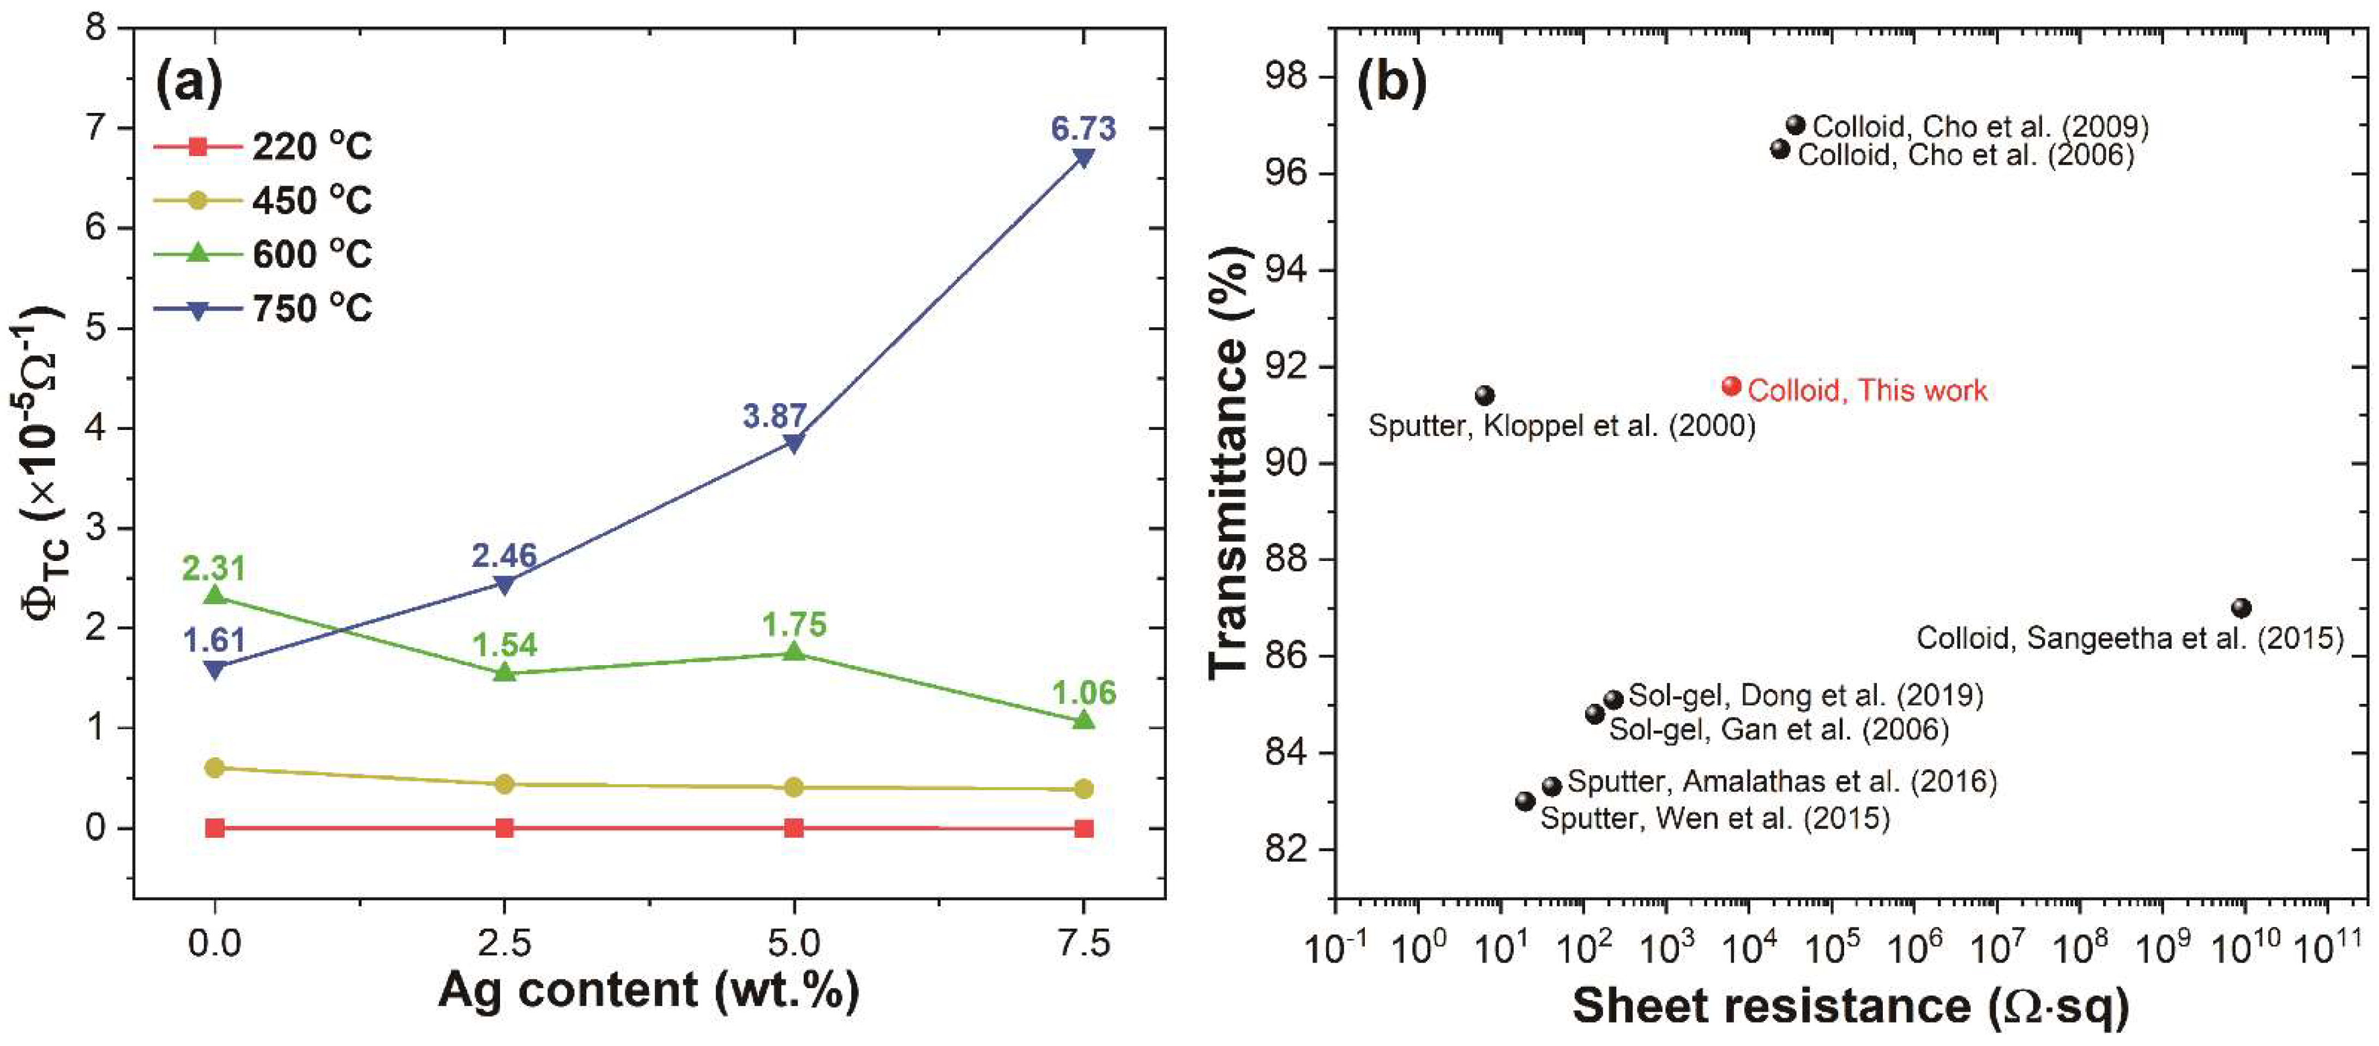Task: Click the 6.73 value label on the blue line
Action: [1083, 128]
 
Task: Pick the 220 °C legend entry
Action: [263, 146]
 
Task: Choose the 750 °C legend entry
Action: [263, 308]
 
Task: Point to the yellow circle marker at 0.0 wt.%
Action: [215, 768]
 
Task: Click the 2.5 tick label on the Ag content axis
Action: [504, 943]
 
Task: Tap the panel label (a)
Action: [189, 83]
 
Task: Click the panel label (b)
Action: [1392, 83]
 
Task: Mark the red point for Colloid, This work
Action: [1732, 386]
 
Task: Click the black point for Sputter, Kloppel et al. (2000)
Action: [1485, 396]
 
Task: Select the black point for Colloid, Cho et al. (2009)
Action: [1796, 125]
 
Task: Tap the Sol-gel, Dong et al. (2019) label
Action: [1805, 695]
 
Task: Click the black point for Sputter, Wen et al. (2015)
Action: [1526, 801]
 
